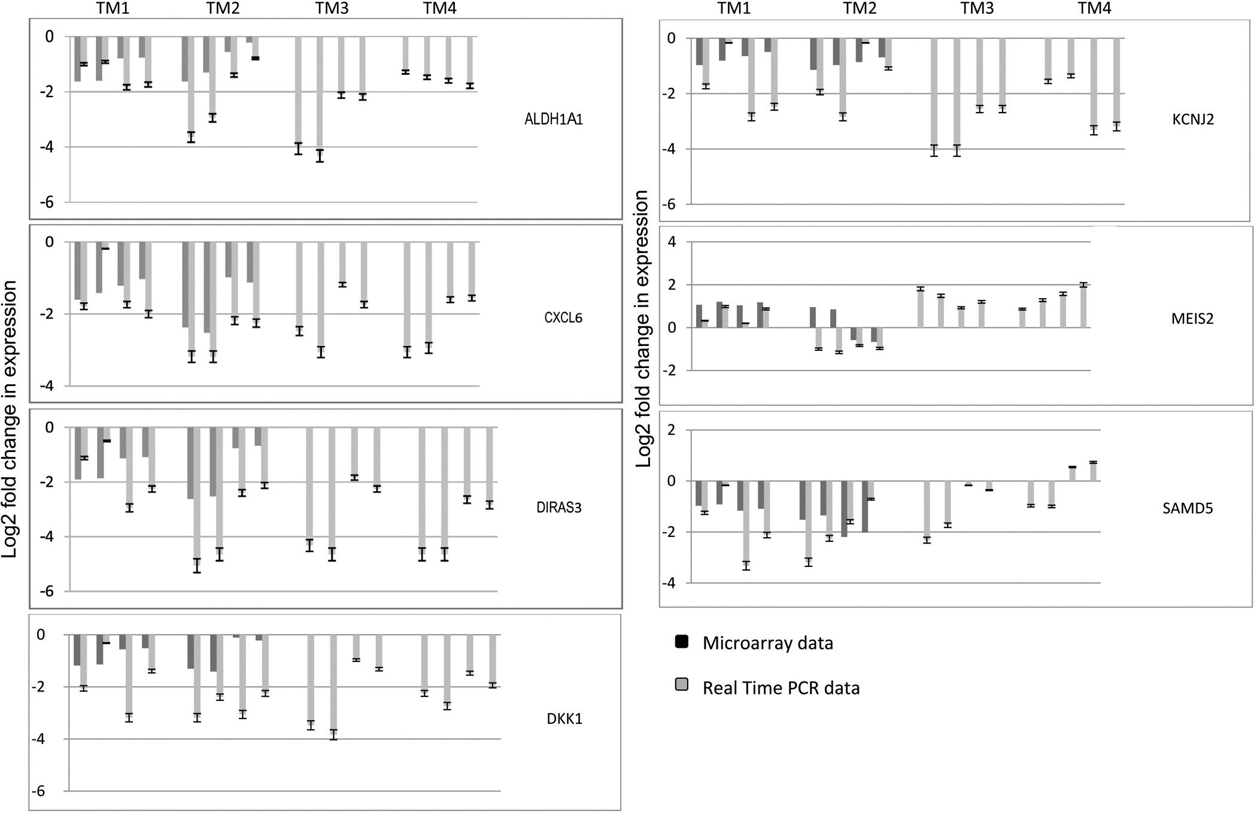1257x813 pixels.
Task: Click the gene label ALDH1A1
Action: [554, 119]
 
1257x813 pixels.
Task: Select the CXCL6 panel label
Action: [563, 317]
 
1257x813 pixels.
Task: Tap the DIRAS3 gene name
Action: [559, 508]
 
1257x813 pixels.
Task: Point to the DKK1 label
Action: [564, 718]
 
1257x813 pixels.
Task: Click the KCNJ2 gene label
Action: [1194, 119]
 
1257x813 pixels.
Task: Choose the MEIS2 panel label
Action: [1192, 318]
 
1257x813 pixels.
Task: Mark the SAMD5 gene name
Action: [1188, 508]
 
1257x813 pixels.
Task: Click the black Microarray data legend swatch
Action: [681, 642]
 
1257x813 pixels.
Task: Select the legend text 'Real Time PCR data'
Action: [781, 688]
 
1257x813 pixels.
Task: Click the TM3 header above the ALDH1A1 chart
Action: [332, 8]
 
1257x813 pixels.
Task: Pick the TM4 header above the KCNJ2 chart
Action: [1095, 8]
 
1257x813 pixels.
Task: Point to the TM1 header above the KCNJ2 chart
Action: [734, 8]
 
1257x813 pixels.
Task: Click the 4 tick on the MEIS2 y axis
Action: [672, 242]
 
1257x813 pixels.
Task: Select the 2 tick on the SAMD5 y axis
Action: [672, 430]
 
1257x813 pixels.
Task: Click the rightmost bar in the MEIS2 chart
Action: [1083, 306]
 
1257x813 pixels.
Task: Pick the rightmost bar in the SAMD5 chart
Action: [1093, 471]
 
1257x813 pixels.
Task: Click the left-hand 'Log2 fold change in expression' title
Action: [10, 419]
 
